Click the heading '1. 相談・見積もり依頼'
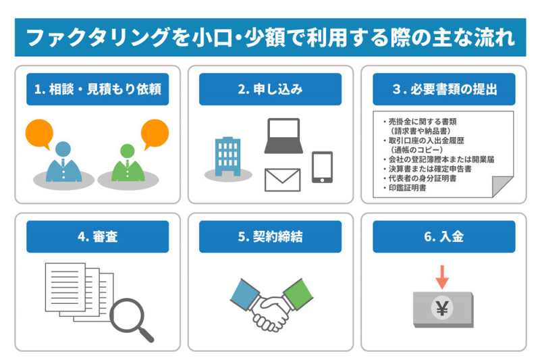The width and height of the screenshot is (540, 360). click(x=97, y=89)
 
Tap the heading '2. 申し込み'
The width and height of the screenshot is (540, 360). click(x=270, y=89)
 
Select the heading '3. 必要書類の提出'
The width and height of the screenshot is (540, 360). click(x=443, y=89)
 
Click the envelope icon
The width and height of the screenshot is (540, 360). click(x=283, y=180)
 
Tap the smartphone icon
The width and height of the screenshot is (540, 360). click(x=322, y=167)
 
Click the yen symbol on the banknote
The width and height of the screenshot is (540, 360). click(x=443, y=309)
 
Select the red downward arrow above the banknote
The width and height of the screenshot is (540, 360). click(x=443, y=276)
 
